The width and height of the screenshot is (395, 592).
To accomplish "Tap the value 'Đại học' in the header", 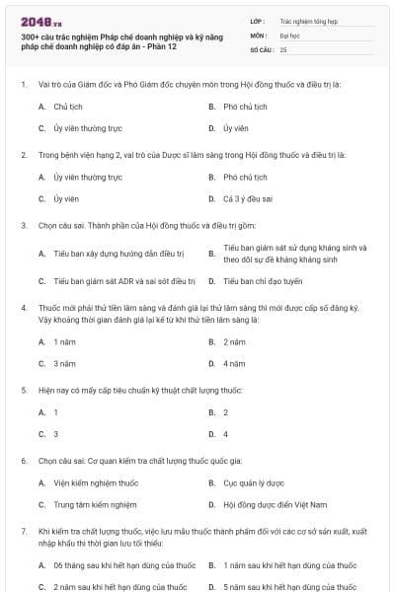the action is pyautogui.click(x=290, y=34).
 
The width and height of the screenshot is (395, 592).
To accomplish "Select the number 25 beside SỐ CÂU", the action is pyautogui.click(x=283, y=48).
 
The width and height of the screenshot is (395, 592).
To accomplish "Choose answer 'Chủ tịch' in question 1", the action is pyautogui.click(x=68, y=107).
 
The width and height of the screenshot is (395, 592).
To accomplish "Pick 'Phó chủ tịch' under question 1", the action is pyautogui.click(x=245, y=107).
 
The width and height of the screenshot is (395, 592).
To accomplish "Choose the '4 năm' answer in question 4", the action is pyautogui.click(x=233, y=363).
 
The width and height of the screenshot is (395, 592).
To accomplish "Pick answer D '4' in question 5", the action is pyautogui.click(x=225, y=434).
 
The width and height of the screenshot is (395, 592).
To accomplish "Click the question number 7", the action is pyautogui.click(x=23, y=531).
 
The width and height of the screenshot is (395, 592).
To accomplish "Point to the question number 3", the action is pyautogui.click(x=23, y=225).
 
